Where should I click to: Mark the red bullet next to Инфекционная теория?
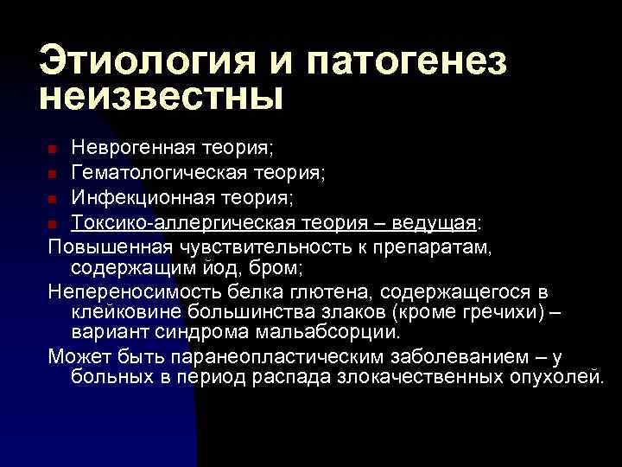coord(54,200)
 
